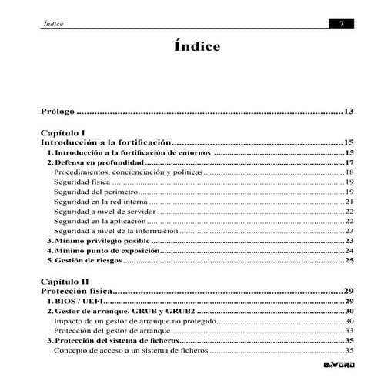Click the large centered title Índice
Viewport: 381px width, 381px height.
pyautogui.click(x=197, y=47)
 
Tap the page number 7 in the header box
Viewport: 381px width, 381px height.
pyautogui.click(x=341, y=24)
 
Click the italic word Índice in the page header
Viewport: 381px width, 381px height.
pyautogui.click(x=53, y=24)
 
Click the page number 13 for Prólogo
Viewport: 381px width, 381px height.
pyautogui.click(x=348, y=112)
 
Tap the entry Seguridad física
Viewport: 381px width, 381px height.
pyautogui.click(x=82, y=182)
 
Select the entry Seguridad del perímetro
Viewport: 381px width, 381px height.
pyautogui.click(x=95, y=192)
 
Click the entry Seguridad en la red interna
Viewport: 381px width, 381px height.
pyautogui.click(x=100, y=202)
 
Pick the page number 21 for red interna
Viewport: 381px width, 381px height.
pyautogui.click(x=349, y=202)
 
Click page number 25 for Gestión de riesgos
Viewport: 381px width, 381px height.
pyautogui.click(x=349, y=261)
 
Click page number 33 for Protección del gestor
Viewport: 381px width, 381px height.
pyautogui.click(x=349, y=330)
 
